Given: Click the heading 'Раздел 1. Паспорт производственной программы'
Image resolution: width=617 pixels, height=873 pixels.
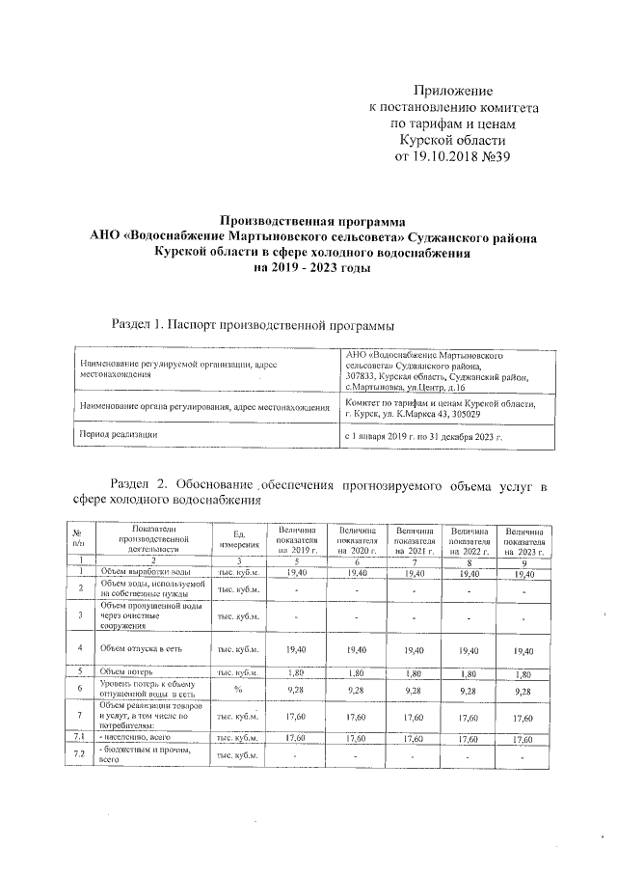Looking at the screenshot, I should (254, 323).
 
